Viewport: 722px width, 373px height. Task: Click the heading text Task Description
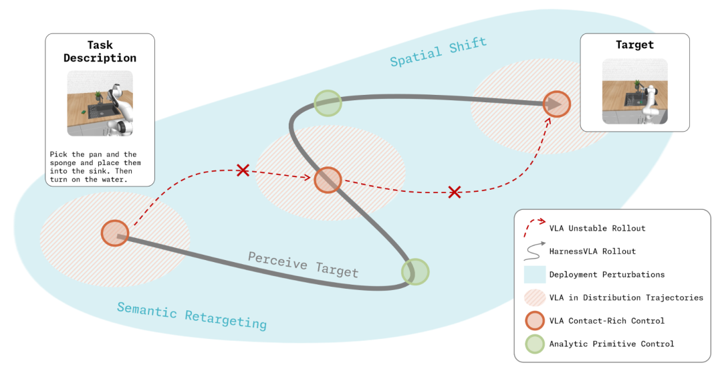[x=100, y=51]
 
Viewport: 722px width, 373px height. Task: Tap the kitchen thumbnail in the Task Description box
[x=100, y=103]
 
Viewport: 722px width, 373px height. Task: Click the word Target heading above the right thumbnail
[x=634, y=45]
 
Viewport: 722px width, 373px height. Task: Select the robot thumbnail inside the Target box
[x=635, y=92]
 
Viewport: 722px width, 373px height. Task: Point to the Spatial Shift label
[x=439, y=51]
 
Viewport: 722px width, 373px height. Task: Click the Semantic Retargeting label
[x=192, y=316]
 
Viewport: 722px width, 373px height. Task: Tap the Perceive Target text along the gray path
[x=303, y=264]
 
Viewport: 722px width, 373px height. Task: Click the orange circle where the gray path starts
[x=115, y=233]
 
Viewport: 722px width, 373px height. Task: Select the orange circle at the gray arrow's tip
[x=557, y=104]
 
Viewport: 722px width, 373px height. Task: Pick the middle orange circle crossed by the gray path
[x=328, y=180]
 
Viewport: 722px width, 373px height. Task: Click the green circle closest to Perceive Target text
[x=415, y=271]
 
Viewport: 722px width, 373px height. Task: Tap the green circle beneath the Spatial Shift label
[x=328, y=103]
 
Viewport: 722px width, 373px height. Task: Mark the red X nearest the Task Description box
[x=243, y=170]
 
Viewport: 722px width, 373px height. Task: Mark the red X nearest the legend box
[x=455, y=192]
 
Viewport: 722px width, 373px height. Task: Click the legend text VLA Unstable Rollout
[x=597, y=229]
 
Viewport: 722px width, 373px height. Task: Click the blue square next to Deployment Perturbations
[x=535, y=275]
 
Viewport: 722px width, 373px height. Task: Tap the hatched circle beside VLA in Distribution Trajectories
[x=535, y=297]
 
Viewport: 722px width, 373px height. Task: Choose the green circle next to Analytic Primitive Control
[x=535, y=344]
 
